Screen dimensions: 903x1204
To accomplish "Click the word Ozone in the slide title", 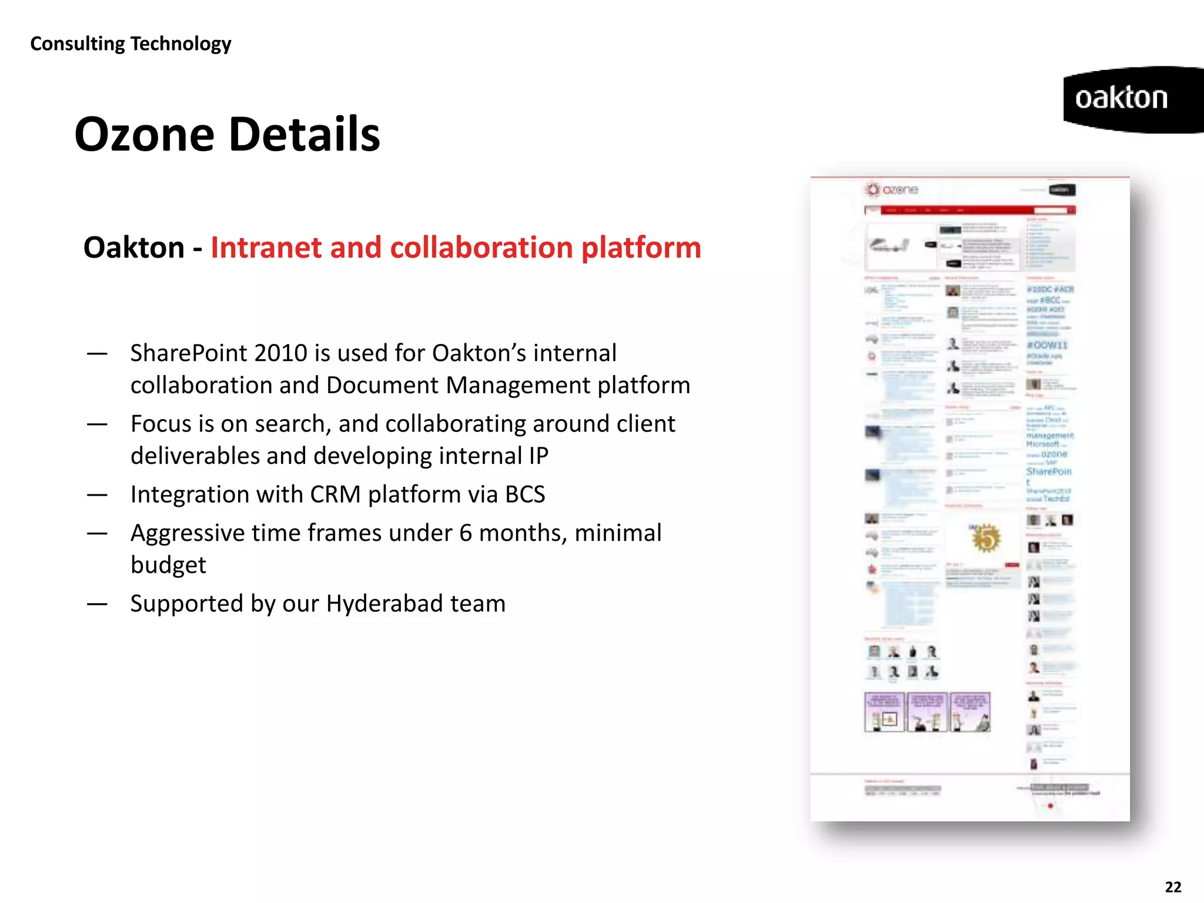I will point(145,135).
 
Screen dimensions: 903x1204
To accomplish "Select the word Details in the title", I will point(304,135).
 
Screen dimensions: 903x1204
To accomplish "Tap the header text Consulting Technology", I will point(131,44).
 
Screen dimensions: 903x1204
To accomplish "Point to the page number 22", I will point(1173,887).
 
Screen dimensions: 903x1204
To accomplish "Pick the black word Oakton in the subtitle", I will point(134,248).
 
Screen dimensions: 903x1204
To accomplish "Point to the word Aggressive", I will point(188,533).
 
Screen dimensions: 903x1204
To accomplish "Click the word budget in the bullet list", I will point(168,565).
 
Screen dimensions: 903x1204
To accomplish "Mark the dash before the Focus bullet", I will point(97,424).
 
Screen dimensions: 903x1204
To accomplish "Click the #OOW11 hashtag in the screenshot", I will point(1046,345).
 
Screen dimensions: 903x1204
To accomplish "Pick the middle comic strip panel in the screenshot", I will point(927,712).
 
